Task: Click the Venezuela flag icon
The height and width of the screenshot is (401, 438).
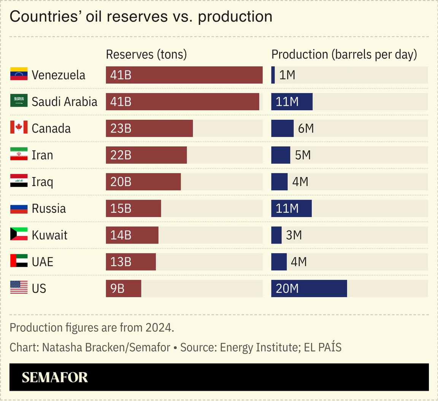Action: [x=19, y=74]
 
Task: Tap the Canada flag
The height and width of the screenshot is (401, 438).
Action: [x=19, y=128]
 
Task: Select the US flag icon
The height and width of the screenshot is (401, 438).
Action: [x=19, y=288]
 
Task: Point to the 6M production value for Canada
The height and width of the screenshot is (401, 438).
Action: [x=306, y=128]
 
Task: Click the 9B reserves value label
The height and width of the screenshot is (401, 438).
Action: [x=117, y=288]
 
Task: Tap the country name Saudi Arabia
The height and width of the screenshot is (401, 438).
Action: [x=64, y=101]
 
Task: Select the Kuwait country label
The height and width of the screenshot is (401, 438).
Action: [x=49, y=235]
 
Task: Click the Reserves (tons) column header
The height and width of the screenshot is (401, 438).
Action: [x=146, y=54]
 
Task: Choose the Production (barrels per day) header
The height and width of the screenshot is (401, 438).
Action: [x=344, y=54]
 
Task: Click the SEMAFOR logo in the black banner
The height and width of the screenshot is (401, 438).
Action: [x=55, y=377]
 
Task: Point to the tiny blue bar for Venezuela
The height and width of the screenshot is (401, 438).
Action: [x=273, y=75]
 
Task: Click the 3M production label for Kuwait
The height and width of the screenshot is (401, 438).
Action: [x=294, y=235]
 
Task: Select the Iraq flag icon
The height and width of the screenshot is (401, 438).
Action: [x=19, y=181]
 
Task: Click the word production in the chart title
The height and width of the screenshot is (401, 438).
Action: [x=235, y=17]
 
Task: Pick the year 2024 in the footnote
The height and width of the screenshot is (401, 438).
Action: [x=159, y=328]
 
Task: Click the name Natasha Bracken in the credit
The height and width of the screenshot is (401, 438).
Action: [x=84, y=347]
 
